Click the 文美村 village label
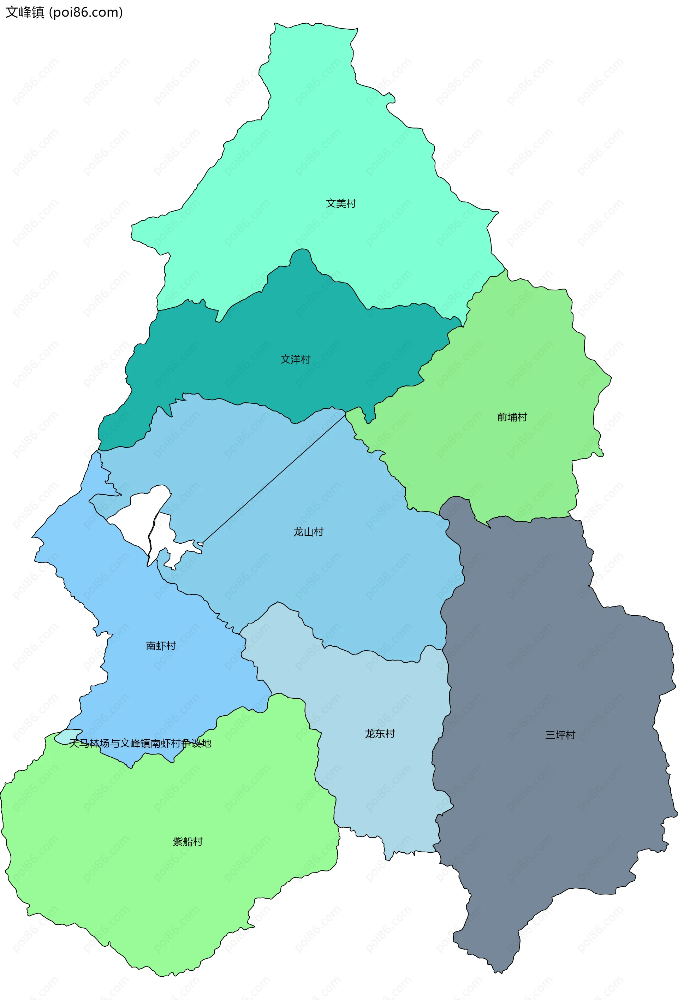point(341,203)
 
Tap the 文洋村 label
point(295,359)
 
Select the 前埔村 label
point(512,417)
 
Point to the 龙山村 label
point(308,532)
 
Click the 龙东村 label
point(380,734)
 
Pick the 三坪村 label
point(560,735)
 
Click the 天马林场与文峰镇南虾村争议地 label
point(140,743)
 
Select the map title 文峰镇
point(24,12)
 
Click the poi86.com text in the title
point(86,12)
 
